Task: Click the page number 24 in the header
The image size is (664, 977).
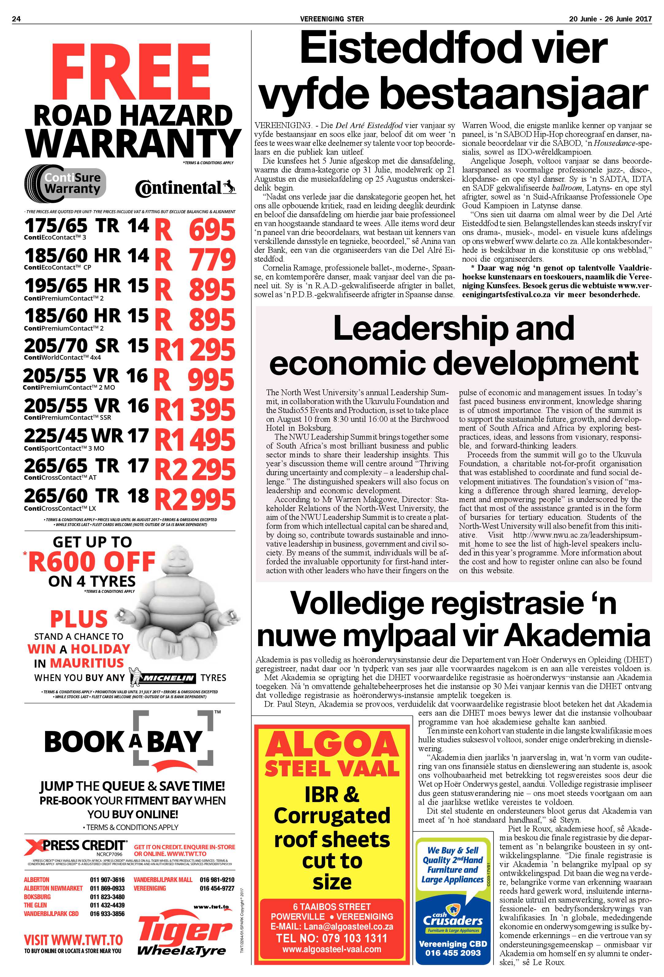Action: coord(17,18)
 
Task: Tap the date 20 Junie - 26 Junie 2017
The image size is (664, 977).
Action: coord(610,18)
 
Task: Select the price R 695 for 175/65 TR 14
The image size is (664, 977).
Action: coord(195,230)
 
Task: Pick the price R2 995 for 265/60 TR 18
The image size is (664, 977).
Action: coord(195,499)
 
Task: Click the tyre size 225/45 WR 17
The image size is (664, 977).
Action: coord(86,436)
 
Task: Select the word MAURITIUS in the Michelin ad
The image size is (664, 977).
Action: coord(87,663)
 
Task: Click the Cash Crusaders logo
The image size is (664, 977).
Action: coord(452,921)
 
